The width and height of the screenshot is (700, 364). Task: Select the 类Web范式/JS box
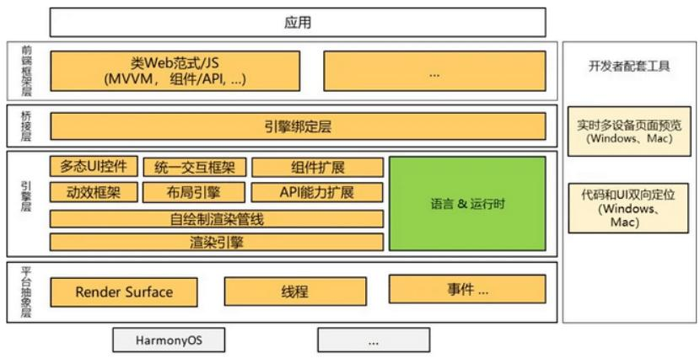point(175,71)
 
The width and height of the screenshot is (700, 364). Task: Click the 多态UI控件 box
point(92,167)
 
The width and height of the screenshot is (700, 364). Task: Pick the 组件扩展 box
point(317,167)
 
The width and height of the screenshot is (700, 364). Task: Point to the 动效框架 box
point(92,192)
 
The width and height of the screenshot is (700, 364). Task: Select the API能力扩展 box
point(317,192)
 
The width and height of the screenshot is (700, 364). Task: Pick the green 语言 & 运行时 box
point(467,203)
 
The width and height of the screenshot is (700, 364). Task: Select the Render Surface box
point(124,292)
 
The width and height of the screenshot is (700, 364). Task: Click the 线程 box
point(294,292)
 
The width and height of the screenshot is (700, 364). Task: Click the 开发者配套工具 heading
point(628,66)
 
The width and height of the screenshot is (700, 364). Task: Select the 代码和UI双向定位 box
point(628,208)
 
